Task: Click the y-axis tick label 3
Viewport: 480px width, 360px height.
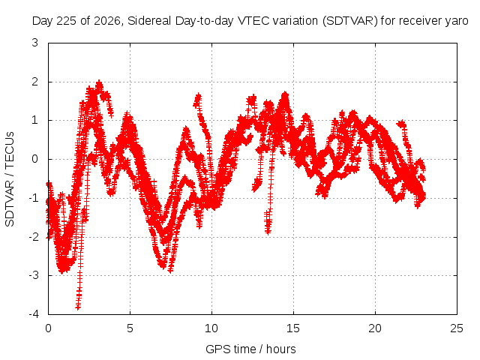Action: click(x=35, y=43)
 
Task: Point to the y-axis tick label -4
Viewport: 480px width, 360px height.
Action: click(x=34, y=314)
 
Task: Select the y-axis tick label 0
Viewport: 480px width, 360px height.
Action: click(x=35, y=159)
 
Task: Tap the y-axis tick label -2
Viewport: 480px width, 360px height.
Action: click(x=34, y=237)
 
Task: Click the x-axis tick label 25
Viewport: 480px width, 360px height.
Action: click(x=457, y=328)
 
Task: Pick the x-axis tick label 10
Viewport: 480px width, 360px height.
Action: click(x=211, y=328)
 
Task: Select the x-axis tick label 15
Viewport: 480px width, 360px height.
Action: click(x=293, y=328)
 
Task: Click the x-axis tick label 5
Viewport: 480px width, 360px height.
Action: click(x=130, y=328)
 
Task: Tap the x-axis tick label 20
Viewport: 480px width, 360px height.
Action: click(x=375, y=328)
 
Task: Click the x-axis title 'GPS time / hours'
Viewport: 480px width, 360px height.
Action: click(x=250, y=349)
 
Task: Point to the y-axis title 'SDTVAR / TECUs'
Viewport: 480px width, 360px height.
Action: click(x=10, y=179)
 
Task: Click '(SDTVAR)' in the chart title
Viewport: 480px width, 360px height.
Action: click(x=350, y=21)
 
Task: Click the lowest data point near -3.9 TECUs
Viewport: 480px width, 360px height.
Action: click(x=78, y=307)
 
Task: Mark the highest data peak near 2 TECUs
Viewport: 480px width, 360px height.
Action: click(x=99, y=82)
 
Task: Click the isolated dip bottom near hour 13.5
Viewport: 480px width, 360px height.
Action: click(x=268, y=232)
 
